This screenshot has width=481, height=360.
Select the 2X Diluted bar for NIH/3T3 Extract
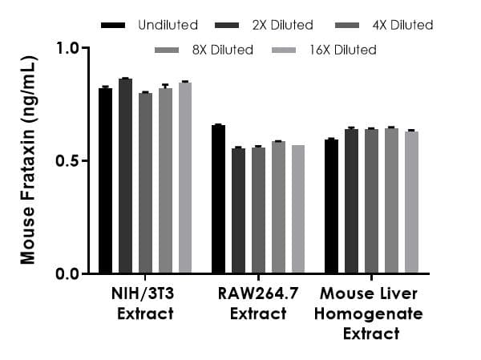125,176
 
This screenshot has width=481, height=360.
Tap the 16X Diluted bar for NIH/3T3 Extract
185,177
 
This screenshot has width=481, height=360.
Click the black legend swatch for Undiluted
113,26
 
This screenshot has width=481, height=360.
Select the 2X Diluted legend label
281,26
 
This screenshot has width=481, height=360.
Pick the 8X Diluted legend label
221,50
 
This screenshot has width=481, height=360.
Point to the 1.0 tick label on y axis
69,48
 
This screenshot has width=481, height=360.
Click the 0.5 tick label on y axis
69,161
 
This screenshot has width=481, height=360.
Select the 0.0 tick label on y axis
69,274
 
